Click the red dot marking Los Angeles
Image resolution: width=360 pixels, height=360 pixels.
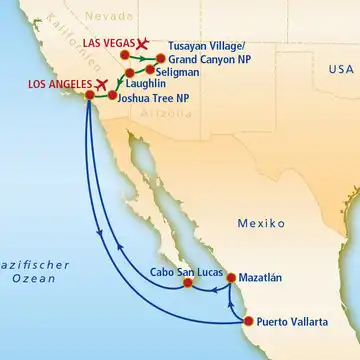coord(89,95)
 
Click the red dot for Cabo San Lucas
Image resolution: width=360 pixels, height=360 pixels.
coord(187,283)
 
